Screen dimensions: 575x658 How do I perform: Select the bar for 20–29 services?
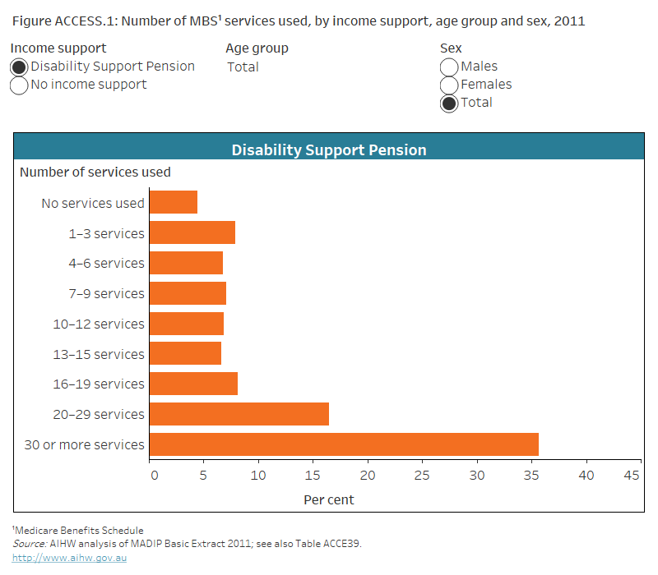239,414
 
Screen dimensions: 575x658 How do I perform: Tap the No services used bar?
174,202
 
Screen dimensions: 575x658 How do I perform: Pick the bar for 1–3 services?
192,232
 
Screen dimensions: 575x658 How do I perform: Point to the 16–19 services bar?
193,384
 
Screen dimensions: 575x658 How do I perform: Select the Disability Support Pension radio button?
20,67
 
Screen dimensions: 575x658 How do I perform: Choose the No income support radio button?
20,85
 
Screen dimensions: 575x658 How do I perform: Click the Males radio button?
449,67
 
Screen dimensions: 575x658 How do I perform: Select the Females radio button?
449,85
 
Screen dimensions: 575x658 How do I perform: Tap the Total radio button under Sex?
449,103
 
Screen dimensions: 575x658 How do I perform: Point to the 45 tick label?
632,476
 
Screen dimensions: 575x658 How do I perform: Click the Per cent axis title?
329,499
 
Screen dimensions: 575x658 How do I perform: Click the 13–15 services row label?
99,354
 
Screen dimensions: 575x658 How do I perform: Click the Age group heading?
257,48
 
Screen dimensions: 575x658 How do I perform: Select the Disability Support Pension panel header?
329,150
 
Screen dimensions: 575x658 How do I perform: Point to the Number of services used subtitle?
95,172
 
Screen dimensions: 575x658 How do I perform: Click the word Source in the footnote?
28,544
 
